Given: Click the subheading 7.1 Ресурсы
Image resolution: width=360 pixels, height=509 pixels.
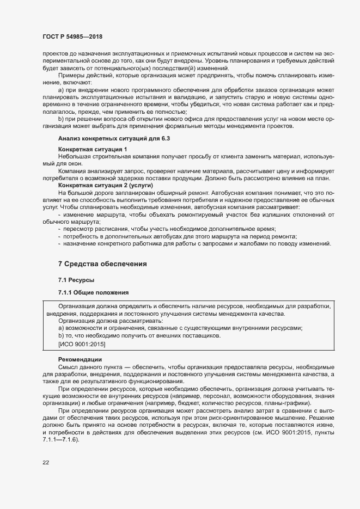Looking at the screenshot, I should pyautogui.click(x=76, y=279).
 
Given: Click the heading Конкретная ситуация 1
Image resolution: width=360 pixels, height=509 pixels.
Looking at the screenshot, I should pyautogui.click(x=93, y=149).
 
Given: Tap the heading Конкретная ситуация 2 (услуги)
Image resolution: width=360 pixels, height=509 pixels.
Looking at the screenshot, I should pyautogui.click(x=105, y=186).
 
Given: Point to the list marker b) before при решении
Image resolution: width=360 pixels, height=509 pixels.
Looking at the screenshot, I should pyautogui.click(x=61, y=118).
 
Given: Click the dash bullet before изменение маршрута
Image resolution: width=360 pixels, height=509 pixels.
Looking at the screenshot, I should pyautogui.click(x=59, y=214).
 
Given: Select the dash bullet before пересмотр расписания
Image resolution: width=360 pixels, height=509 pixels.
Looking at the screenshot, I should pyautogui.click(x=59, y=229).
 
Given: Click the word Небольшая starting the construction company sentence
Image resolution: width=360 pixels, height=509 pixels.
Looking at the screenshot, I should pyautogui.click(x=74, y=156).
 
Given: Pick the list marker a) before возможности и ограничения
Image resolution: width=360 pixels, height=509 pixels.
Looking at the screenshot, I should pyautogui.click(x=61, y=328).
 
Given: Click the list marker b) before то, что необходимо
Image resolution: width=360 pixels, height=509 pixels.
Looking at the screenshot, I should pyautogui.click(x=61, y=336).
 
